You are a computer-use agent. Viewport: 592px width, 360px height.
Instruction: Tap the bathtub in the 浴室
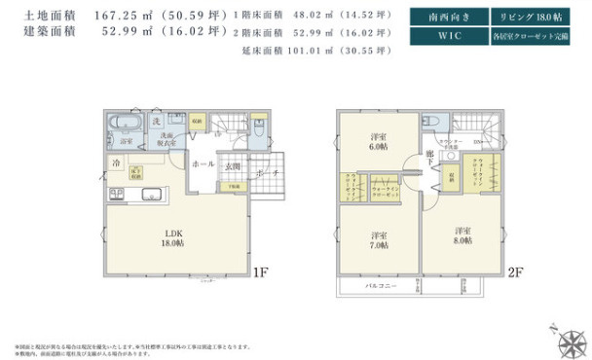[x=126, y=124]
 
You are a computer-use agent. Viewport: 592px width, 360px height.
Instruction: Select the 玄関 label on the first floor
[x=233, y=166]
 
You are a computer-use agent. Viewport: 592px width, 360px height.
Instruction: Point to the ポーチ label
[x=267, y=172]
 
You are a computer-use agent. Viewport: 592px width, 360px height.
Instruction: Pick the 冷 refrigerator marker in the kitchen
[x=115, y=164]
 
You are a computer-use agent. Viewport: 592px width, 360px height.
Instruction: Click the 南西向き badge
[x=443, y=17]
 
